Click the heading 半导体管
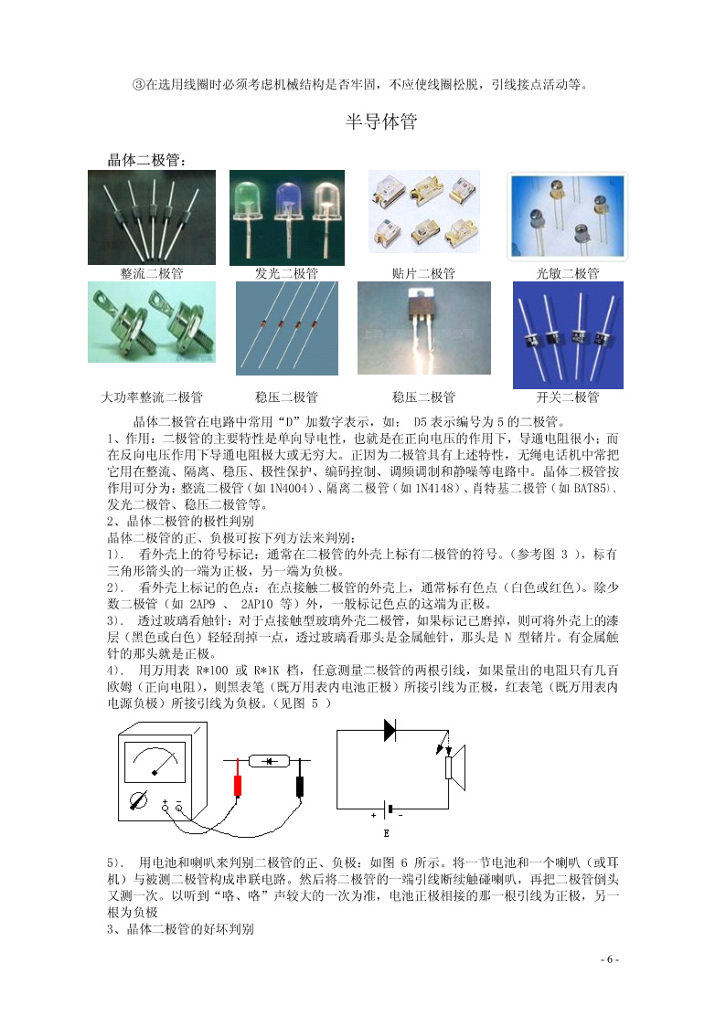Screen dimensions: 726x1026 [381, 121]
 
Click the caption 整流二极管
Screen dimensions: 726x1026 [152, 273]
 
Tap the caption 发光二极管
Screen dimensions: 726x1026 [287, 273]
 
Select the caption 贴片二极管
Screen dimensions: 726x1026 [423, 273]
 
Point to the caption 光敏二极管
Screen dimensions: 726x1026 [568, 273]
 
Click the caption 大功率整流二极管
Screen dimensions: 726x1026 [152, 397]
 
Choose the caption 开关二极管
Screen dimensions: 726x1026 [568, 397]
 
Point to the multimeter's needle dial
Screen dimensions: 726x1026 [155, 762]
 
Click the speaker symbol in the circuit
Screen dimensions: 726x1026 [455, 767]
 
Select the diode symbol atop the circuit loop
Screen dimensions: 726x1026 [390, 730]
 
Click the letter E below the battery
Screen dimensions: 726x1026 [386, 833]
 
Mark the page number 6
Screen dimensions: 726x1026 [610, 959]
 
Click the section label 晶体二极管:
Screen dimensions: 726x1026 [146, 159]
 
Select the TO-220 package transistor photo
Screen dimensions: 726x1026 [424, 328]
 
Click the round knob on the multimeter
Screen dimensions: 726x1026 [138, 799]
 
